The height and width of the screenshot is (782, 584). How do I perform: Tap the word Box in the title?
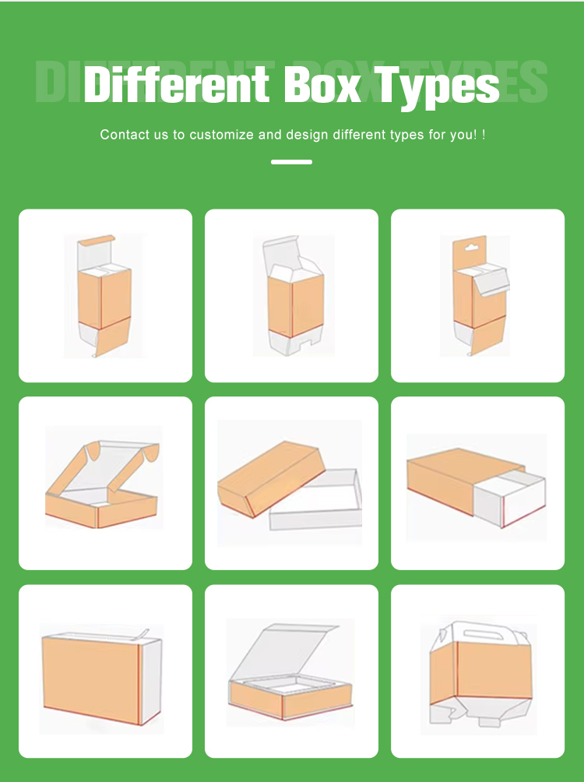[x=322, y=84]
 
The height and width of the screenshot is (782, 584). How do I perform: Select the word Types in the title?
[x=436, y=86]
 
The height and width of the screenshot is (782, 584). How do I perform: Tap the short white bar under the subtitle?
[x=291, y=162]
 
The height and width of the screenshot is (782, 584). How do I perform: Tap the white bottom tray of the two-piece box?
[x=315, y=502]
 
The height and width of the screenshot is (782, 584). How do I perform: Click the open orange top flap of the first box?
[x=97, y=240]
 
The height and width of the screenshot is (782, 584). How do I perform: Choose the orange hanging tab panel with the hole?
[x=470, y=255]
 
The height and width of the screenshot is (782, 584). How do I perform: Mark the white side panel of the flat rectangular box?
[x=152, y=682]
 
